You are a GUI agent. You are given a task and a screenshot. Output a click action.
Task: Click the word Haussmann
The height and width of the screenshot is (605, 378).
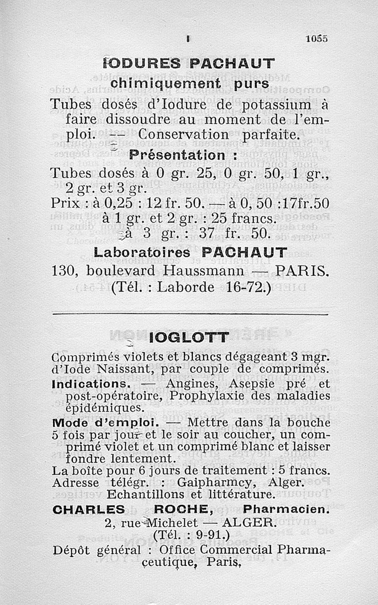pos(205,271)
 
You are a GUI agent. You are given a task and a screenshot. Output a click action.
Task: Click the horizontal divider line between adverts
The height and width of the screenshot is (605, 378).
pos(189,314)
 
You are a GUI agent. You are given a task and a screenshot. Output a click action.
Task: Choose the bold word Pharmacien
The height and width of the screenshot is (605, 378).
pos(285,510)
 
